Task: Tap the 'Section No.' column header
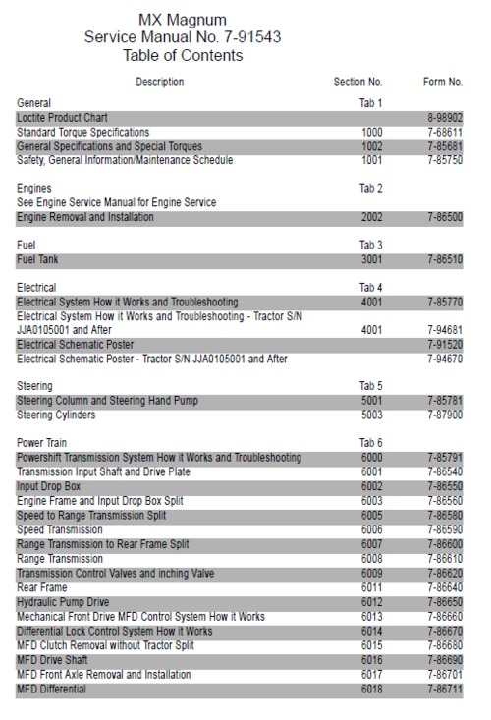(357, 82)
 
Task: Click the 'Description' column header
(159, 82)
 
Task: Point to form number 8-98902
(444, 117)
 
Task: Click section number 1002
(371, 145)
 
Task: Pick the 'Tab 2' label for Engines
(371, 188)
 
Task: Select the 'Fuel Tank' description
(40, 259)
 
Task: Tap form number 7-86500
(444, 217)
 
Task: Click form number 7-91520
(444, 345)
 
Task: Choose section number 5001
(371, 401)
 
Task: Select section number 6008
(371, 559)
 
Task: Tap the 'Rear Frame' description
(42, 587)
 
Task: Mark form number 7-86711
(444, 690)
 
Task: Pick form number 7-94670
(444, 360)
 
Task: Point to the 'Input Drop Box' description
(49, 486)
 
